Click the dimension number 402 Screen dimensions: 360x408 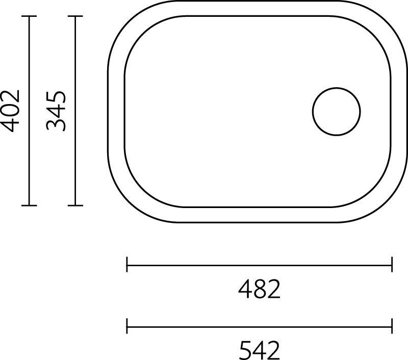click(11, 111)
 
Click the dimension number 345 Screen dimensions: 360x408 click(57, 111)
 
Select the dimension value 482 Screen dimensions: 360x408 click(260, 290)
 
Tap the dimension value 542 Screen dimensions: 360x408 click(260, 350)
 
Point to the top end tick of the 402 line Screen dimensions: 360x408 click(29, 16)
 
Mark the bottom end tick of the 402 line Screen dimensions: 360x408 click(29, 205)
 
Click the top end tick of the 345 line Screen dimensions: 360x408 click(75, 16)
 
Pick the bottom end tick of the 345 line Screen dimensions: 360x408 click(75, 205)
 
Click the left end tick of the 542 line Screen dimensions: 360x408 click(127, 325)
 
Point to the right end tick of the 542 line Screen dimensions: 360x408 click(392, 325)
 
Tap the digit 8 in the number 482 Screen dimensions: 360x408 click(260, 290)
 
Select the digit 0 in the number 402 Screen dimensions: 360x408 click(11, 111)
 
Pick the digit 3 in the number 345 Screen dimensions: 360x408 click(57, 124)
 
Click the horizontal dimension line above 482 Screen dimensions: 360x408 click(260, 265)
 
